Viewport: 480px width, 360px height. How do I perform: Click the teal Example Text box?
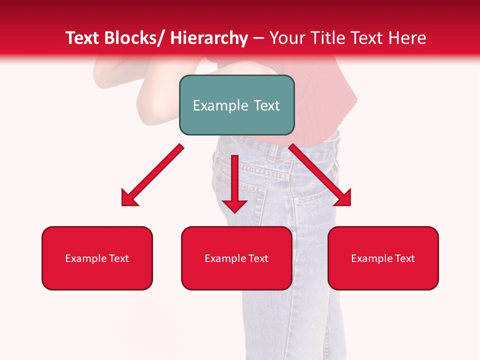(236, 105)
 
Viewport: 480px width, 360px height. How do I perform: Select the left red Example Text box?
(97, 258)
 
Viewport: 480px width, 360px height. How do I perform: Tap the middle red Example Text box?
(236, 258)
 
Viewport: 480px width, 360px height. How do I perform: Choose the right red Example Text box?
(383, 258)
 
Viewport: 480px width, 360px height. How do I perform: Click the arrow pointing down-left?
(152, 175)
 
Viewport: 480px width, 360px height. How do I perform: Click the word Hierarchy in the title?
(208, 38)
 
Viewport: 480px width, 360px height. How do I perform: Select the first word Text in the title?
(83, 38)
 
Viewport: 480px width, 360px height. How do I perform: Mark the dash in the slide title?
(258, 39)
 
